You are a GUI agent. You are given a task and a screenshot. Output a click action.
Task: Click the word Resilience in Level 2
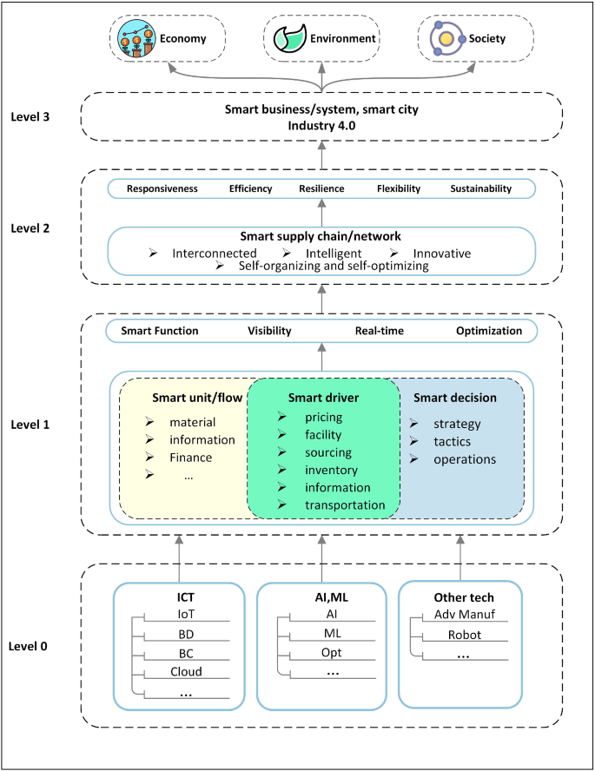click(x=322, y=188)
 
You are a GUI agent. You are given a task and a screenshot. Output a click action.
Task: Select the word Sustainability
click(x=480, y=188)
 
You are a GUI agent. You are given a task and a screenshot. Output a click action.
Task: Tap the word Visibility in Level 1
click(x=269, y=331)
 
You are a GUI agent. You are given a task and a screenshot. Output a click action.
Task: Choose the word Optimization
click(x=489, y=331)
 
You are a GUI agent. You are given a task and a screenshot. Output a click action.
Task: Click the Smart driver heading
click(x=323, y=398)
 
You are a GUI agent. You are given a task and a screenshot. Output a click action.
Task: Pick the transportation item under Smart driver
click(x=345, y=504)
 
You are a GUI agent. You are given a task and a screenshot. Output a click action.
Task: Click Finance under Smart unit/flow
click(x=190, y=458)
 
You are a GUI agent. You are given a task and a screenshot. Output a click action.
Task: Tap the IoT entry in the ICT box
click(x=186, y=615)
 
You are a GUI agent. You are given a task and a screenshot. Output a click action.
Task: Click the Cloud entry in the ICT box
click(x=186, y=671)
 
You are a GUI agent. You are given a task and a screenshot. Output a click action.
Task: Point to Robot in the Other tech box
click(x=464, y=635)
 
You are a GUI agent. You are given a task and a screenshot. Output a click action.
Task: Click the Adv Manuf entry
click(x=464, y=615)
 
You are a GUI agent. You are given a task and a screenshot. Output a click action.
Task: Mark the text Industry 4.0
click(x=321, y=126)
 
